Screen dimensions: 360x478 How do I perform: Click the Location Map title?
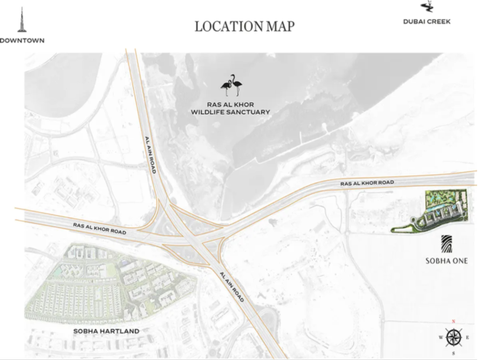(244, 26)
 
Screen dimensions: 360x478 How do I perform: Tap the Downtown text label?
(22, 41)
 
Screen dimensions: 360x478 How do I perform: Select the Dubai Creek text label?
(427, 21)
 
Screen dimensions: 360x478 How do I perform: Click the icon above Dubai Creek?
(427, 7)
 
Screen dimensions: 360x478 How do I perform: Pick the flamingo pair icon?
(232, 85)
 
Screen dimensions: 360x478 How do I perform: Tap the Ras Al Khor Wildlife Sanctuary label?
(231, 108)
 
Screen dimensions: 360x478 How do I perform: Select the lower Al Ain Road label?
(231, 286)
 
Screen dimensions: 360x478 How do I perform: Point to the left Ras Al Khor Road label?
(99, 228)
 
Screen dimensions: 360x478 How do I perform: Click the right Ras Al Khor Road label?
(367, 183)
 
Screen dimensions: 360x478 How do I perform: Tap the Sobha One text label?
(446, 261)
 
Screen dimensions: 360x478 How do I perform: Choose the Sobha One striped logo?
(446, 244)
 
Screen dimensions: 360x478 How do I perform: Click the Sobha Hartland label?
(106, 331)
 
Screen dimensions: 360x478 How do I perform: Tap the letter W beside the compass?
(440, 338)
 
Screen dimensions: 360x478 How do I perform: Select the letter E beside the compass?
(467, 338)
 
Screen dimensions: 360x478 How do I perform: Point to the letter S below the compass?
(453, 353)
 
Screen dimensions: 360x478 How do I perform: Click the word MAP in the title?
(280, 26)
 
